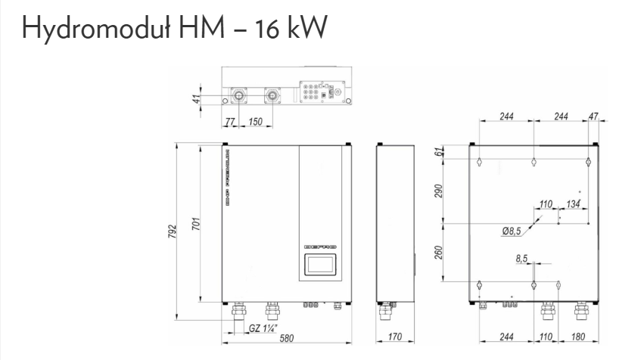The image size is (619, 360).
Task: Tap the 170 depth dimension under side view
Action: point(395,337)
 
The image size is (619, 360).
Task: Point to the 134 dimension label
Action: point(573,204)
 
